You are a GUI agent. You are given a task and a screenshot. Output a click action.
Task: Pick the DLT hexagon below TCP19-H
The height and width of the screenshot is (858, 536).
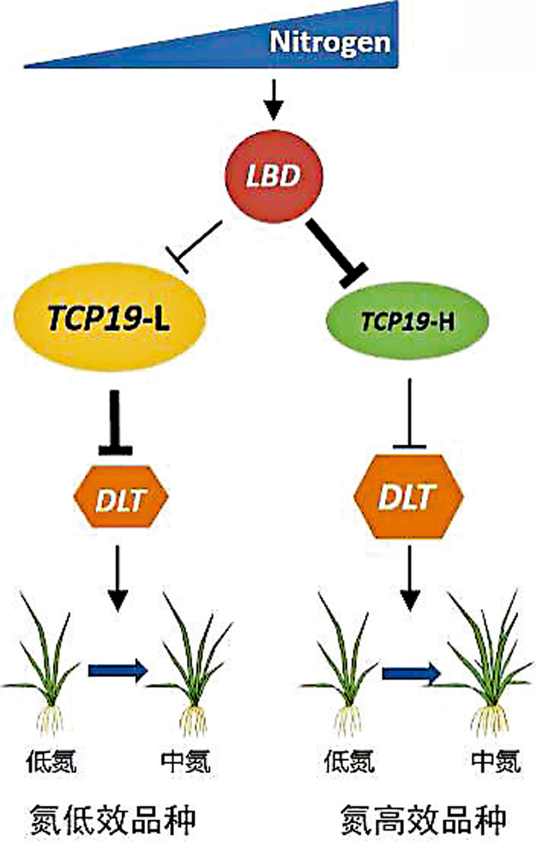pos(409,496)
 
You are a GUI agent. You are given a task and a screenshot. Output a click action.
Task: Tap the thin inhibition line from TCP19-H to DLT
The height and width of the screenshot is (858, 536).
pos(409,411)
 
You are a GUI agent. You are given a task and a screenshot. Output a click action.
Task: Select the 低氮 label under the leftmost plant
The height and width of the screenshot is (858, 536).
pos(53,760)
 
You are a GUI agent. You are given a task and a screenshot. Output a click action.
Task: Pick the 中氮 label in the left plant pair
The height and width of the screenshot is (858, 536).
pos(184,760)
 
